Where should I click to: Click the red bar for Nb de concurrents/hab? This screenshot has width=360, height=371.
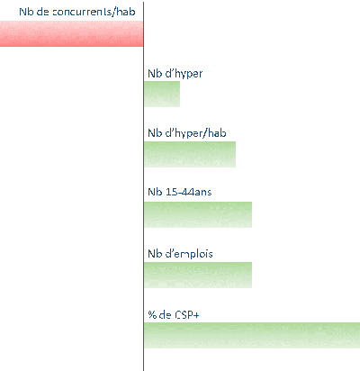click(x=71, y=33)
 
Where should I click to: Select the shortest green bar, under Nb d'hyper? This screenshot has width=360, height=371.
click(x=162, y=94)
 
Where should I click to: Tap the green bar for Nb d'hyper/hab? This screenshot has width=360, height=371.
click(x=190, y=154)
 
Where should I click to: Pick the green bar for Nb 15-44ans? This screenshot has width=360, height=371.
click(x=198, y=214)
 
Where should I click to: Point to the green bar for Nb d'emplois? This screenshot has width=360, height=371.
click(x=198, y=275)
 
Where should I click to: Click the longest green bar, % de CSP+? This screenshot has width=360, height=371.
click(x=252, y=335)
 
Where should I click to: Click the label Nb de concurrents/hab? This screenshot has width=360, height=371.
click(x=77, y=12)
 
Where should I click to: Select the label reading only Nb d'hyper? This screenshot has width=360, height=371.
click(x=175, y=74)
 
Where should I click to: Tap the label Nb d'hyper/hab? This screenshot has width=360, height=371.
click(x=187, y=133)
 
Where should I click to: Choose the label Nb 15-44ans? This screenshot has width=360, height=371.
click(x=180, y=192)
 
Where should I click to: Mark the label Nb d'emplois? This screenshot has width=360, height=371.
click(x=180, y=254)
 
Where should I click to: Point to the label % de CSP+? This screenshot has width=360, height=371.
click(x=174, y=314)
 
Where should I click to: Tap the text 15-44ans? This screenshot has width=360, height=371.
click(x=189, y=192)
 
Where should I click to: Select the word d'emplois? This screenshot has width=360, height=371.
click(x=189, y=254)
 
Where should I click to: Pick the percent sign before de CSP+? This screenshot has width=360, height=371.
click(x=152, y=314)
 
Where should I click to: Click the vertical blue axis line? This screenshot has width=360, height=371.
click(x=144, y=186)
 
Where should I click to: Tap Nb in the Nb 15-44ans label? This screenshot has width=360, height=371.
click(x=155, y=192)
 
